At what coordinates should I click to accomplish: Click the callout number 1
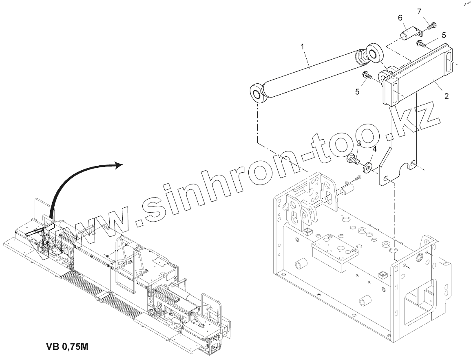[303, 47]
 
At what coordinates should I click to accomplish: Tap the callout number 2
[446, 96]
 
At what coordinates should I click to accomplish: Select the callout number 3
[359, 143]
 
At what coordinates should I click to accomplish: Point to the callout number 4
[375, 149]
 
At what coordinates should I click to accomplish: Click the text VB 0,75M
[67, 347]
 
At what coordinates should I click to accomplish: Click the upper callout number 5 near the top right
[444, 36]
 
